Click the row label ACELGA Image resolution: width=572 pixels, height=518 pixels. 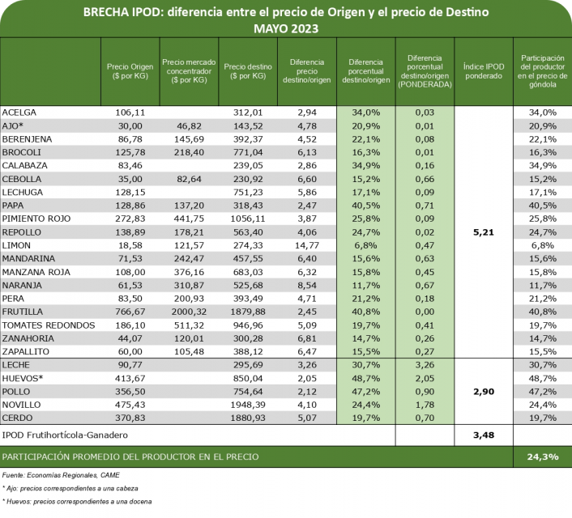19,112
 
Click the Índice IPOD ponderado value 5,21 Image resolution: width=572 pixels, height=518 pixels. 483,231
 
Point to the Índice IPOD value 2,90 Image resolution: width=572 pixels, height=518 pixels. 483,391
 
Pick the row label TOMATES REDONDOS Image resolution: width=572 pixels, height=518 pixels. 48,325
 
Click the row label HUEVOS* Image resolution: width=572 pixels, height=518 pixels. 23,377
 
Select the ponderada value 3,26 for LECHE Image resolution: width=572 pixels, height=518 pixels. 425,364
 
